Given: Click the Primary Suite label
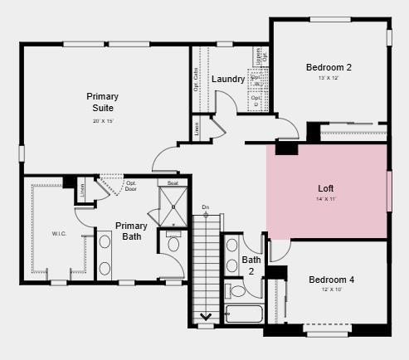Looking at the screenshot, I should point(103,102).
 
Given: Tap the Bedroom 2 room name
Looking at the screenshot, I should point(329,67).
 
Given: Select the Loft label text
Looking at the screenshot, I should point(326,187).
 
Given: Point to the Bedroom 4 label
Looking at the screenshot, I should point(331,280).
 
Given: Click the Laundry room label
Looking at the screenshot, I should point(227,80).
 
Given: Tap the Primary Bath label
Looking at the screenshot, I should point(131,231).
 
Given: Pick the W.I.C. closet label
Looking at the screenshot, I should point(59,234).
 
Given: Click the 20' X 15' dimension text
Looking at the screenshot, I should point(103,122).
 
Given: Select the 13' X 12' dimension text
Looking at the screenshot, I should point(329,79).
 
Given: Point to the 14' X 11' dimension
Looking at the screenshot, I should point(326,199).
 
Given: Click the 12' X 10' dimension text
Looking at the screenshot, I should point(331,290).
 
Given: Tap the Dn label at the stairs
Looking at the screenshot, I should point(206,207).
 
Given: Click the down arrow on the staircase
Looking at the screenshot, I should point(205,315).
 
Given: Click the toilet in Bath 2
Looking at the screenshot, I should point(237,290).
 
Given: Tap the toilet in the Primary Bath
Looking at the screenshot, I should point(173,243).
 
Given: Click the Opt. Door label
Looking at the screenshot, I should point(131,186).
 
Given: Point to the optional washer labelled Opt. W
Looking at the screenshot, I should point(257,84).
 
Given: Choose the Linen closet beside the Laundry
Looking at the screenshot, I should point(197,129).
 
